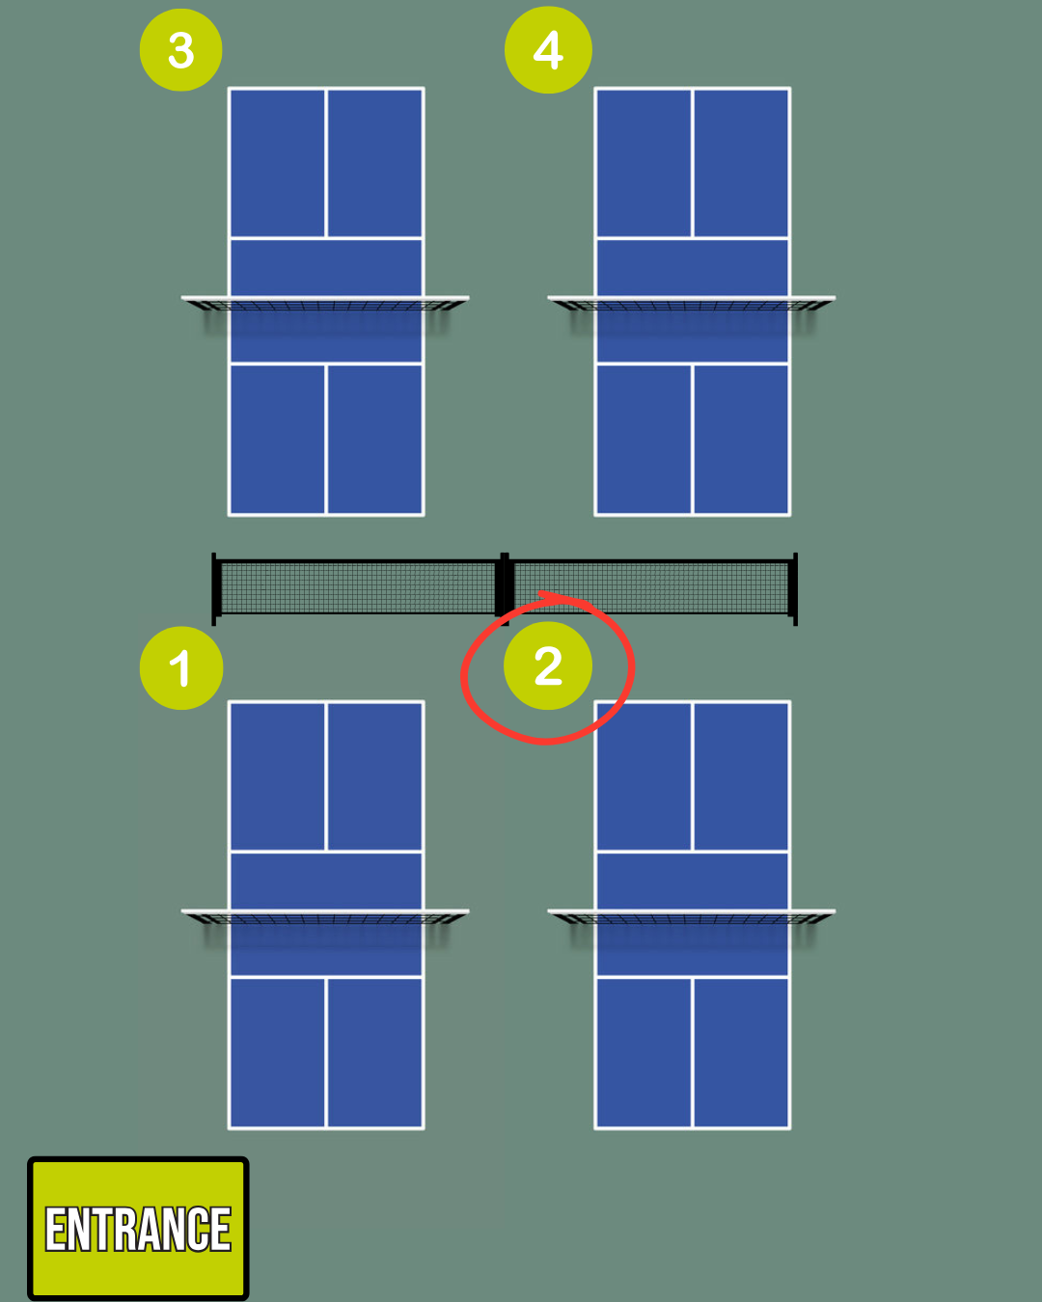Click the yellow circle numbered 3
click(181, 50)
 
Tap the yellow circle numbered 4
click(548, 50)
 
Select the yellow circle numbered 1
click(181, 667)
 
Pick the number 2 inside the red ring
click(548, 666)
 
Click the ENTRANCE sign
click(138, 1229)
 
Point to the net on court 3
click(325, 305)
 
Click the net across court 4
click(692, 305)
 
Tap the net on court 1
click(325, 917)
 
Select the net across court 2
click(692, 917)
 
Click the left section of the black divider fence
click(357, 587)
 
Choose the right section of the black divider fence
click(651, 587)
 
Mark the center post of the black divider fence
click(504, 585)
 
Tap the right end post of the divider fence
click(794, 588)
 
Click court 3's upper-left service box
click(278, 162)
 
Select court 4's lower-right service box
click(741, 439)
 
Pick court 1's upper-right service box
click(374, 776)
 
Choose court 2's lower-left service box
click(644, 1052)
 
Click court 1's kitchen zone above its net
click(325, 881)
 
